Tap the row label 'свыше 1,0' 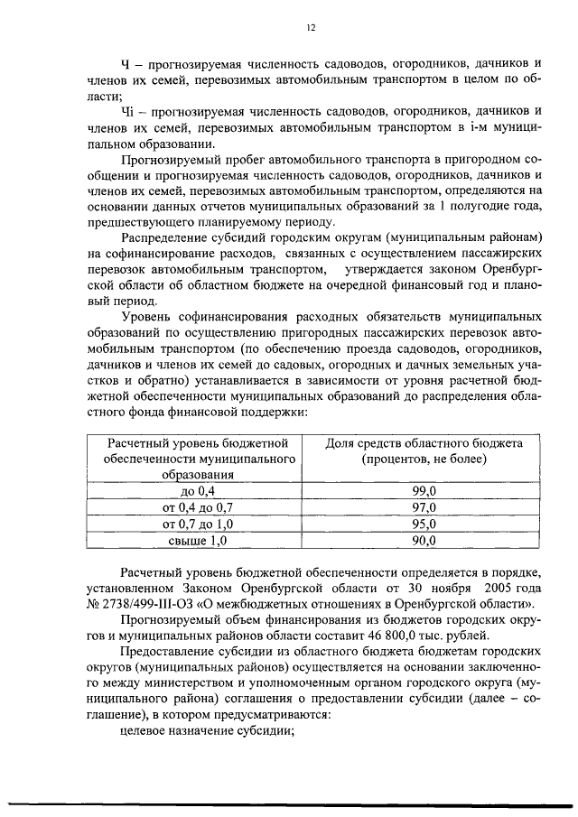197,542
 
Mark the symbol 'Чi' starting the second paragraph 128,112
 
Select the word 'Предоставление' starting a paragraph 170,653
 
